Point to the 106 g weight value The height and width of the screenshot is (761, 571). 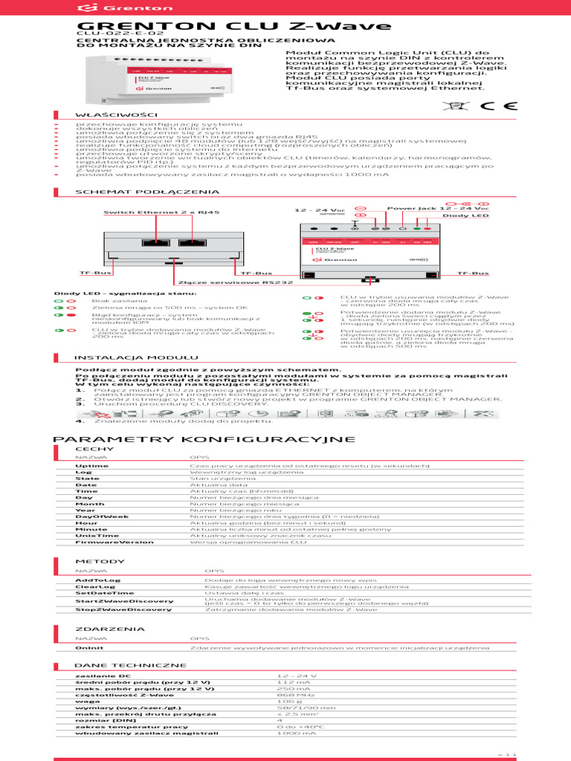[x=284, y=700]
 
